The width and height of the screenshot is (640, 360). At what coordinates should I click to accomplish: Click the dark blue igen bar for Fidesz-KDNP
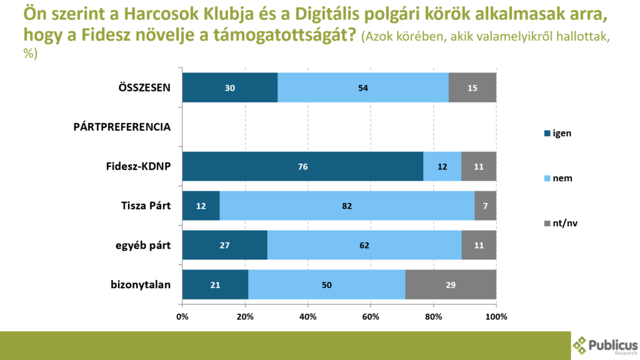click(x=302, y=167)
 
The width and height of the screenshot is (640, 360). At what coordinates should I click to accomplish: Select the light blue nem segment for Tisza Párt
click(x=347, y=206)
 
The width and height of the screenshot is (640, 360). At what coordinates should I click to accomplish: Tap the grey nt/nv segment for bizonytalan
click(x=451, y=285)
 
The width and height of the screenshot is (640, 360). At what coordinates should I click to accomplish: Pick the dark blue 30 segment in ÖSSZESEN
click(x=229, y=87)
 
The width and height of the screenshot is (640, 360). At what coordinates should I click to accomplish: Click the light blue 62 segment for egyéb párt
click(x=364, y=246)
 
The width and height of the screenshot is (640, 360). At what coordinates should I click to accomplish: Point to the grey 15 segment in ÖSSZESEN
click(x=472, y=87)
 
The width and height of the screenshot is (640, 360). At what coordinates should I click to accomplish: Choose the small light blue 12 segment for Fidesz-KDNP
click(x=442, y=167)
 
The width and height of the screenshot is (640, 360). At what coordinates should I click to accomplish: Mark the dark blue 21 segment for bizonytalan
click(x=215, y=285)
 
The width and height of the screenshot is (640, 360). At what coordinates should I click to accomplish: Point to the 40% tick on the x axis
click(x=308, y=316)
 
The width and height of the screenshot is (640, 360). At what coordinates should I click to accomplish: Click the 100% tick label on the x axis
click(x=496, y=316)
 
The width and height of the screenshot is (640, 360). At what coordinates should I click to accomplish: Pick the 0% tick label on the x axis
click(x=182, y=316)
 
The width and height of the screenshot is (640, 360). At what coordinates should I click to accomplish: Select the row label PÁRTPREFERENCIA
click(x=122, y=127)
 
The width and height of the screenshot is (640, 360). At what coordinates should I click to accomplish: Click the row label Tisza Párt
click(x=146, y=206)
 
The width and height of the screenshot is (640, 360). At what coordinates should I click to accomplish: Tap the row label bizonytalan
click(x=141, y=285)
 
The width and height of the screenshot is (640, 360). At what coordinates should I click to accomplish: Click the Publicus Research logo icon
click(x=581, y=345)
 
